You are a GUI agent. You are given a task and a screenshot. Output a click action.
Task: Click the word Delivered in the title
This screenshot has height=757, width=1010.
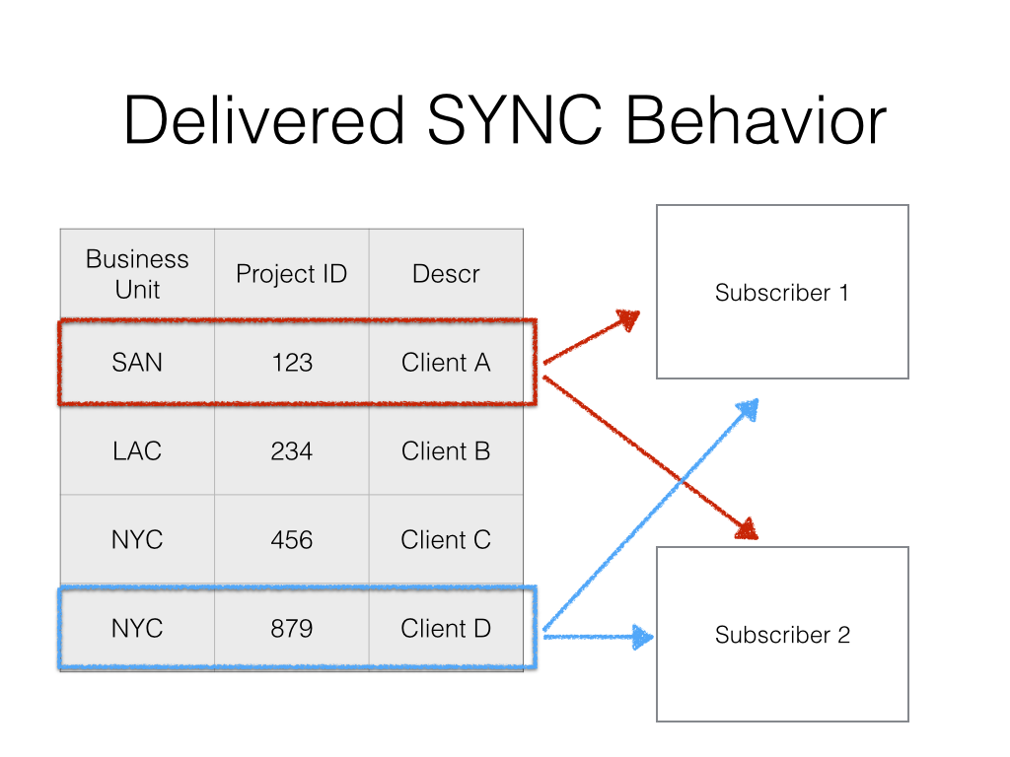263,123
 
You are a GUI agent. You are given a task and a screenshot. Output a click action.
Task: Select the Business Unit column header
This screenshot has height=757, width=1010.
137,274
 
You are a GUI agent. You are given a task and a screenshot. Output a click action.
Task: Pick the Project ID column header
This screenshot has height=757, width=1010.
292,274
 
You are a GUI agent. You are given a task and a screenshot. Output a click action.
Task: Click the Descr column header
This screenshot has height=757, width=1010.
446,274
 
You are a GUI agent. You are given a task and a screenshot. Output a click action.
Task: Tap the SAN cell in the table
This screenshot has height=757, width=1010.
137,363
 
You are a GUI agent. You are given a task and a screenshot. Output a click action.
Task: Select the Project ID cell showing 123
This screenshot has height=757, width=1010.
292,363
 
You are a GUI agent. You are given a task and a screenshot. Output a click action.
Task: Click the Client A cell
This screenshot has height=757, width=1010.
446,363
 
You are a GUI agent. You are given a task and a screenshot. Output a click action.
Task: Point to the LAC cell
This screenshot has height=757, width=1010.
137,451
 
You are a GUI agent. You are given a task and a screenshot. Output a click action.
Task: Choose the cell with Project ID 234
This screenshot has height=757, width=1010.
292,451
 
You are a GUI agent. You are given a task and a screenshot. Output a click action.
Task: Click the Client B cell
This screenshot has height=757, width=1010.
446,451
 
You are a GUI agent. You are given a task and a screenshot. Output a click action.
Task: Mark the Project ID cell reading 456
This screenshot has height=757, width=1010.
292,540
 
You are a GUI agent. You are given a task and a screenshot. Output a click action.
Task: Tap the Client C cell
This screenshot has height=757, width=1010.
446,540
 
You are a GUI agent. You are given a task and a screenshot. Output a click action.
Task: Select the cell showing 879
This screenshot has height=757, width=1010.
292,629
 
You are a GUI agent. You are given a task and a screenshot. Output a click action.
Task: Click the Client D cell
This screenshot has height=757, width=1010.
446,629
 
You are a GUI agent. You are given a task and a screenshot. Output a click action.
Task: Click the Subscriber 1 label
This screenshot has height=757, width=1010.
782,293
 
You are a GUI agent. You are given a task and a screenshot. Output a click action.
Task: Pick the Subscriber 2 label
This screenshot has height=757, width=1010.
782,635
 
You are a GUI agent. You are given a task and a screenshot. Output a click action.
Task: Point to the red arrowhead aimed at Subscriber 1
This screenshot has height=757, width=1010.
628,319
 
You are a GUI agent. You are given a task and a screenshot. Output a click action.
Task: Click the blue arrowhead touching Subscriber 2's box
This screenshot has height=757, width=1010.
643,637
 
